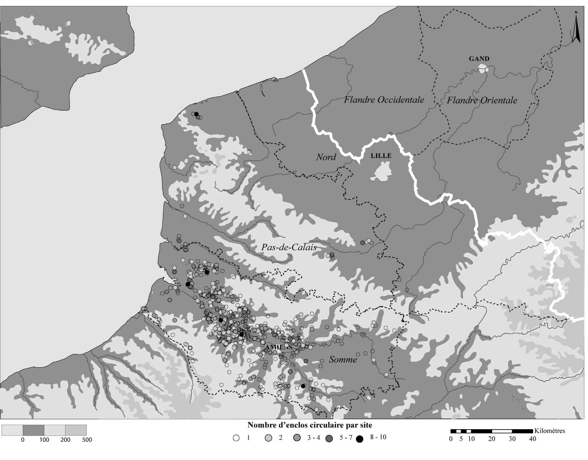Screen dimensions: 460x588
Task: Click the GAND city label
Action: click(479, 59)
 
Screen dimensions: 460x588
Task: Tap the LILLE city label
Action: click(381, 156)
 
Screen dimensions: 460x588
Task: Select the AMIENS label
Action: click(279, 347)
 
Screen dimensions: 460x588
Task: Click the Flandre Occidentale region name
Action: click(384, 100)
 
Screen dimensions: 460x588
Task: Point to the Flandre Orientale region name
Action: click(482, 100)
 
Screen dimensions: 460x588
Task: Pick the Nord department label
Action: click(326, 157)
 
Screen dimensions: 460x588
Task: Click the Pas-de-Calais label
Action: click(289, 247)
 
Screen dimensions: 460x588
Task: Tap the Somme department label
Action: click(343, 359)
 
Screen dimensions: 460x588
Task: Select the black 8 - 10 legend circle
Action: click(359, 439)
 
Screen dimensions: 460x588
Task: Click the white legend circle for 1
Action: click(236, 438)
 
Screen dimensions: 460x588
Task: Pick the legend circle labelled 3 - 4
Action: click(297, 438)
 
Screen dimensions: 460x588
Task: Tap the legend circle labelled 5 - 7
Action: click(329, 439)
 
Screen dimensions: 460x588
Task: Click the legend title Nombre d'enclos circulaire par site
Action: click(310, 425)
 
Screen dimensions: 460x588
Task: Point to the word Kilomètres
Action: click(550, 431)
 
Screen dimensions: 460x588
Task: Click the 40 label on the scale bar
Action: click(532, 439)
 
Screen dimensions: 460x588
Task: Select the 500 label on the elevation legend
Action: click(87, 440)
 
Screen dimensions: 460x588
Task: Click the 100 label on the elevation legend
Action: click(44, 440)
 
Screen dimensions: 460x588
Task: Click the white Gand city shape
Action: click(483, 68)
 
